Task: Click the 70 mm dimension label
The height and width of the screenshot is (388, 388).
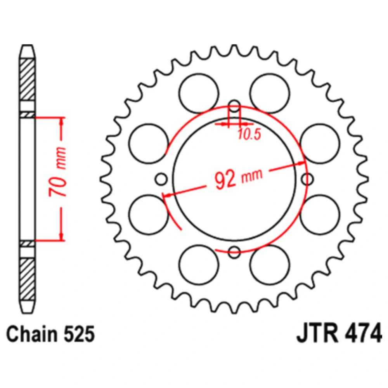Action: point(58,172)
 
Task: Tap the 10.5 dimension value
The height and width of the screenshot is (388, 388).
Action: point(249,135)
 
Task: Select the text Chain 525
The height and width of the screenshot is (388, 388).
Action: point(50,334)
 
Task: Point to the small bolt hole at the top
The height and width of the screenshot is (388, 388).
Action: point(234,106)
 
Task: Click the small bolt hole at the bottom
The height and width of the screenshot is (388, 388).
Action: point(234,252)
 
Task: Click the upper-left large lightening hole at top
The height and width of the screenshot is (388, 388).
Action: point(199,94)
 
